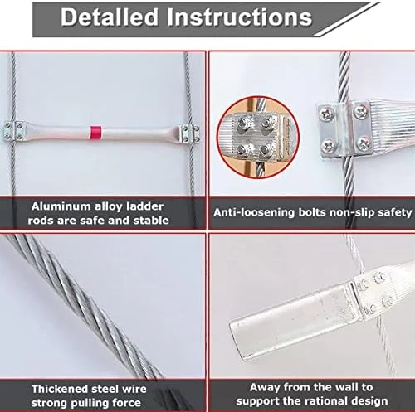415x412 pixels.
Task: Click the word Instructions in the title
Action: click(x=240, y=17)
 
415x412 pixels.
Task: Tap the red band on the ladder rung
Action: click(x=95, y=133)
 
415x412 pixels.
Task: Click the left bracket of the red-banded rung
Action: click(x=15, y=131)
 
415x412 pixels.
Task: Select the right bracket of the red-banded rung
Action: click(x=190, y=133)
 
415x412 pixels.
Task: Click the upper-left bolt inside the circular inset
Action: click(x=243, y=122)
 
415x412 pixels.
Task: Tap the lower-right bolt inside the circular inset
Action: click(x=265, y=150)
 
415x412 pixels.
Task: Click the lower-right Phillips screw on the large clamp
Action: click(x=364, y=144)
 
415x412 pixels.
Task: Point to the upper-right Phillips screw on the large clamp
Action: click(x=361, y=111)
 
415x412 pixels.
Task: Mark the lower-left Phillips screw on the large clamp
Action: click(x=329, y=145)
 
